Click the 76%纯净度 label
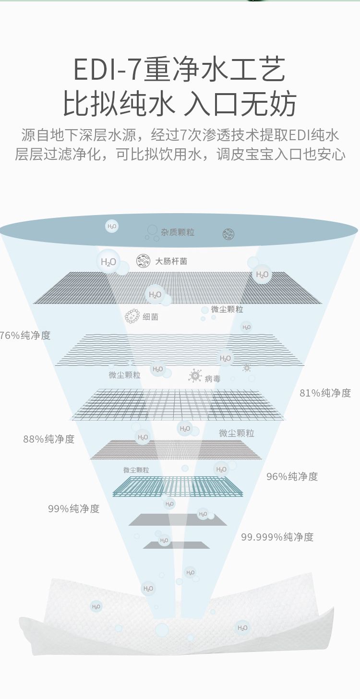(25, 335)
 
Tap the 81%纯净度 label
(325, 393)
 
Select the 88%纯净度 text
(49, 439)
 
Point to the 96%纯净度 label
(292, 476)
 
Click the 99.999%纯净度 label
(277, 537)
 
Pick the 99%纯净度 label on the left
(73, 508)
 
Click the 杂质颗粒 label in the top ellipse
(178, 232)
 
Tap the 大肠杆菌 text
(171, 261)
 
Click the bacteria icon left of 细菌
(132, 316)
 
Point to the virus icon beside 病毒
(195, 375)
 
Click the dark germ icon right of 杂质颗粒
(228, 234)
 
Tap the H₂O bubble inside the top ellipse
(112, 226)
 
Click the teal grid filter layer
(178, 486)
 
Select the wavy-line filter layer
(180, 349)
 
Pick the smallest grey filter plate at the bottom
(177, 545)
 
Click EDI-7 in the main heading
(107, 69)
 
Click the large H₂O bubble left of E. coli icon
(108, 262)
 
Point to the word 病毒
(213, 379)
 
